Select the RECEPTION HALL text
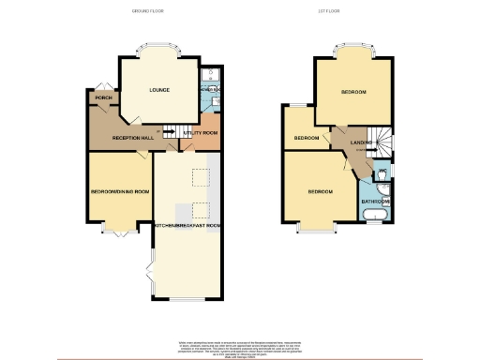click(132, 138)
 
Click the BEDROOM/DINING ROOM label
click(119, 191)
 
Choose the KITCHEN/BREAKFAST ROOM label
click(187, 226)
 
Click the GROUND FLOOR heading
click(148, 12)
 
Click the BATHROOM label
click(376, 201)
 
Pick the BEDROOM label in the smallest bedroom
click(307, 138)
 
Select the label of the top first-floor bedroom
click(352, 92)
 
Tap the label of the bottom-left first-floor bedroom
click(321, 191)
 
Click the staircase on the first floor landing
click(380, 142)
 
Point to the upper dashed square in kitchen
click(201, 178)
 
